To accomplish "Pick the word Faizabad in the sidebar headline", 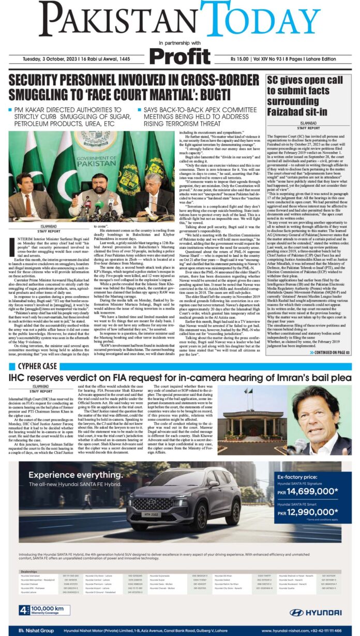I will pyautogui.click(x=289, y=112).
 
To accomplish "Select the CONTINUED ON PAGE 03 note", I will pyautogui.click(x=329, y=353).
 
